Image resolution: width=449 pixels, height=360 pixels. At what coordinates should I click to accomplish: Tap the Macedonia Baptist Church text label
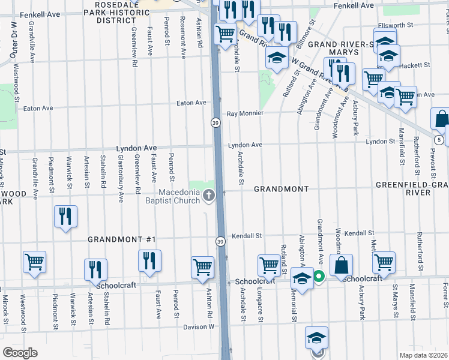click(x=179, y=196)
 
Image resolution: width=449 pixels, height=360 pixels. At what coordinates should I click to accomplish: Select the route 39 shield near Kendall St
click(x=220, y=241)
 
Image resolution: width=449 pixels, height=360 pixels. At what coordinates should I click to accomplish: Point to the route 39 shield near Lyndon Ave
click(x=215, y=122)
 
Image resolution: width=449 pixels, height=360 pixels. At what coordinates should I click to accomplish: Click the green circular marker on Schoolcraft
click(x=319, y=277)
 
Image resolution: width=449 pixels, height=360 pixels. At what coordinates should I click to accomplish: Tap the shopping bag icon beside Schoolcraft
click(x=340, y=265)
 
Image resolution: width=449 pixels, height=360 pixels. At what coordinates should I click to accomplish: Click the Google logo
click(x=19, y=352)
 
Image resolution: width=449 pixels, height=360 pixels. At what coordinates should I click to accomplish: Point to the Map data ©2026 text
click(x=423, y=355)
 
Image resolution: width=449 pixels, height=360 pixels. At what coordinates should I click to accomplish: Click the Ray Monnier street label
click(x=245, y=114)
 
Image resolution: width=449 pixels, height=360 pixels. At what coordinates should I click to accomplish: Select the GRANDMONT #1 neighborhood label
click(x=122, y=239)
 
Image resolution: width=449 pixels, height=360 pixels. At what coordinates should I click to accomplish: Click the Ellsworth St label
click(x=394, y=26)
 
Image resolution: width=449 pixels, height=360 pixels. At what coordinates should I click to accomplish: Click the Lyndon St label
click(x=379, y=142)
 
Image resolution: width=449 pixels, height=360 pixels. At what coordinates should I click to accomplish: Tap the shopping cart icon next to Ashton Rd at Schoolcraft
click(x=203, y=267)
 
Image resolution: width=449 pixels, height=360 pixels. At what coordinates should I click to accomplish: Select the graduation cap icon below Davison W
click(x=316, y=338)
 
